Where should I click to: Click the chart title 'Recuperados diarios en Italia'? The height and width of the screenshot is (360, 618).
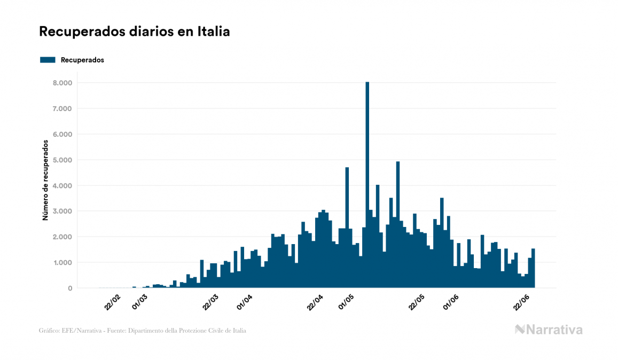point(134,32)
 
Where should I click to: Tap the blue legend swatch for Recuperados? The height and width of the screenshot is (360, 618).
point(48,60)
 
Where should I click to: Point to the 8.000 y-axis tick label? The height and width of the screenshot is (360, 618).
point(62,83)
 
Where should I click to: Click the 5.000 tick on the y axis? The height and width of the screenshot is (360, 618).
point(62,160)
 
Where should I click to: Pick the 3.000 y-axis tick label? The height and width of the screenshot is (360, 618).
point(62,212)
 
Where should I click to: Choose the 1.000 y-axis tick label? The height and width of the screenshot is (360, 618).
point(62,263)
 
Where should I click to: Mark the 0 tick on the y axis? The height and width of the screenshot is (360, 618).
point(69,288)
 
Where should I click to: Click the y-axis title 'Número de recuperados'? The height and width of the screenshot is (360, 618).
point(45,181)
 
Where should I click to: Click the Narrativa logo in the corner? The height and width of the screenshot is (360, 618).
point(549,330)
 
